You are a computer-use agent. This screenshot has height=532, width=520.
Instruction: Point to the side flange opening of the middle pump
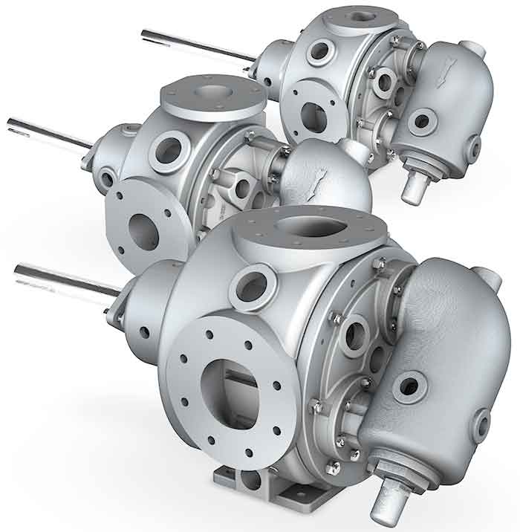(x=143, y=231)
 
